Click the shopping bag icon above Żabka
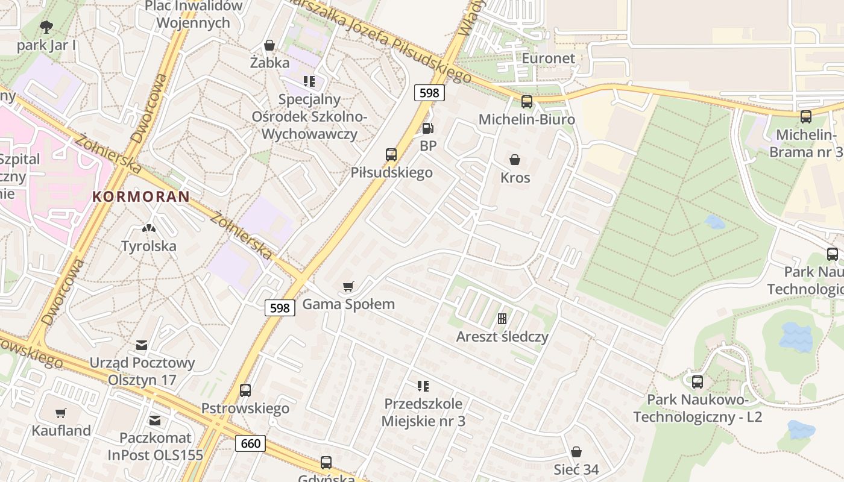pos(269,45)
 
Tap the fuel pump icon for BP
pos(427,128)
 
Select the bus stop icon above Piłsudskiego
pos(391,155)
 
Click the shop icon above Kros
pos(515,160)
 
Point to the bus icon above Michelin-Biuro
pos(527,102)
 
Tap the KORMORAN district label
pos(141,196)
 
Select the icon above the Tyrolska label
pos(148,228)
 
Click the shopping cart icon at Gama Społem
pos(348,286)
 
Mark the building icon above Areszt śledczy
pos(502,319)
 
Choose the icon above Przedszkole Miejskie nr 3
pos(423,386)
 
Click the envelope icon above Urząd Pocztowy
pos(142,345)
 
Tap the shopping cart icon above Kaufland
pos(61,413)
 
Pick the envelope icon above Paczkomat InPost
pos(155,420)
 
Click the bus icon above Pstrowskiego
pos(245,390)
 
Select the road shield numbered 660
pos(250,444)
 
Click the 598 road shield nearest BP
pos(429,93)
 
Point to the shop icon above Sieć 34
pos(576,452)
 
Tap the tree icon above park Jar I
pos(46,27)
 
